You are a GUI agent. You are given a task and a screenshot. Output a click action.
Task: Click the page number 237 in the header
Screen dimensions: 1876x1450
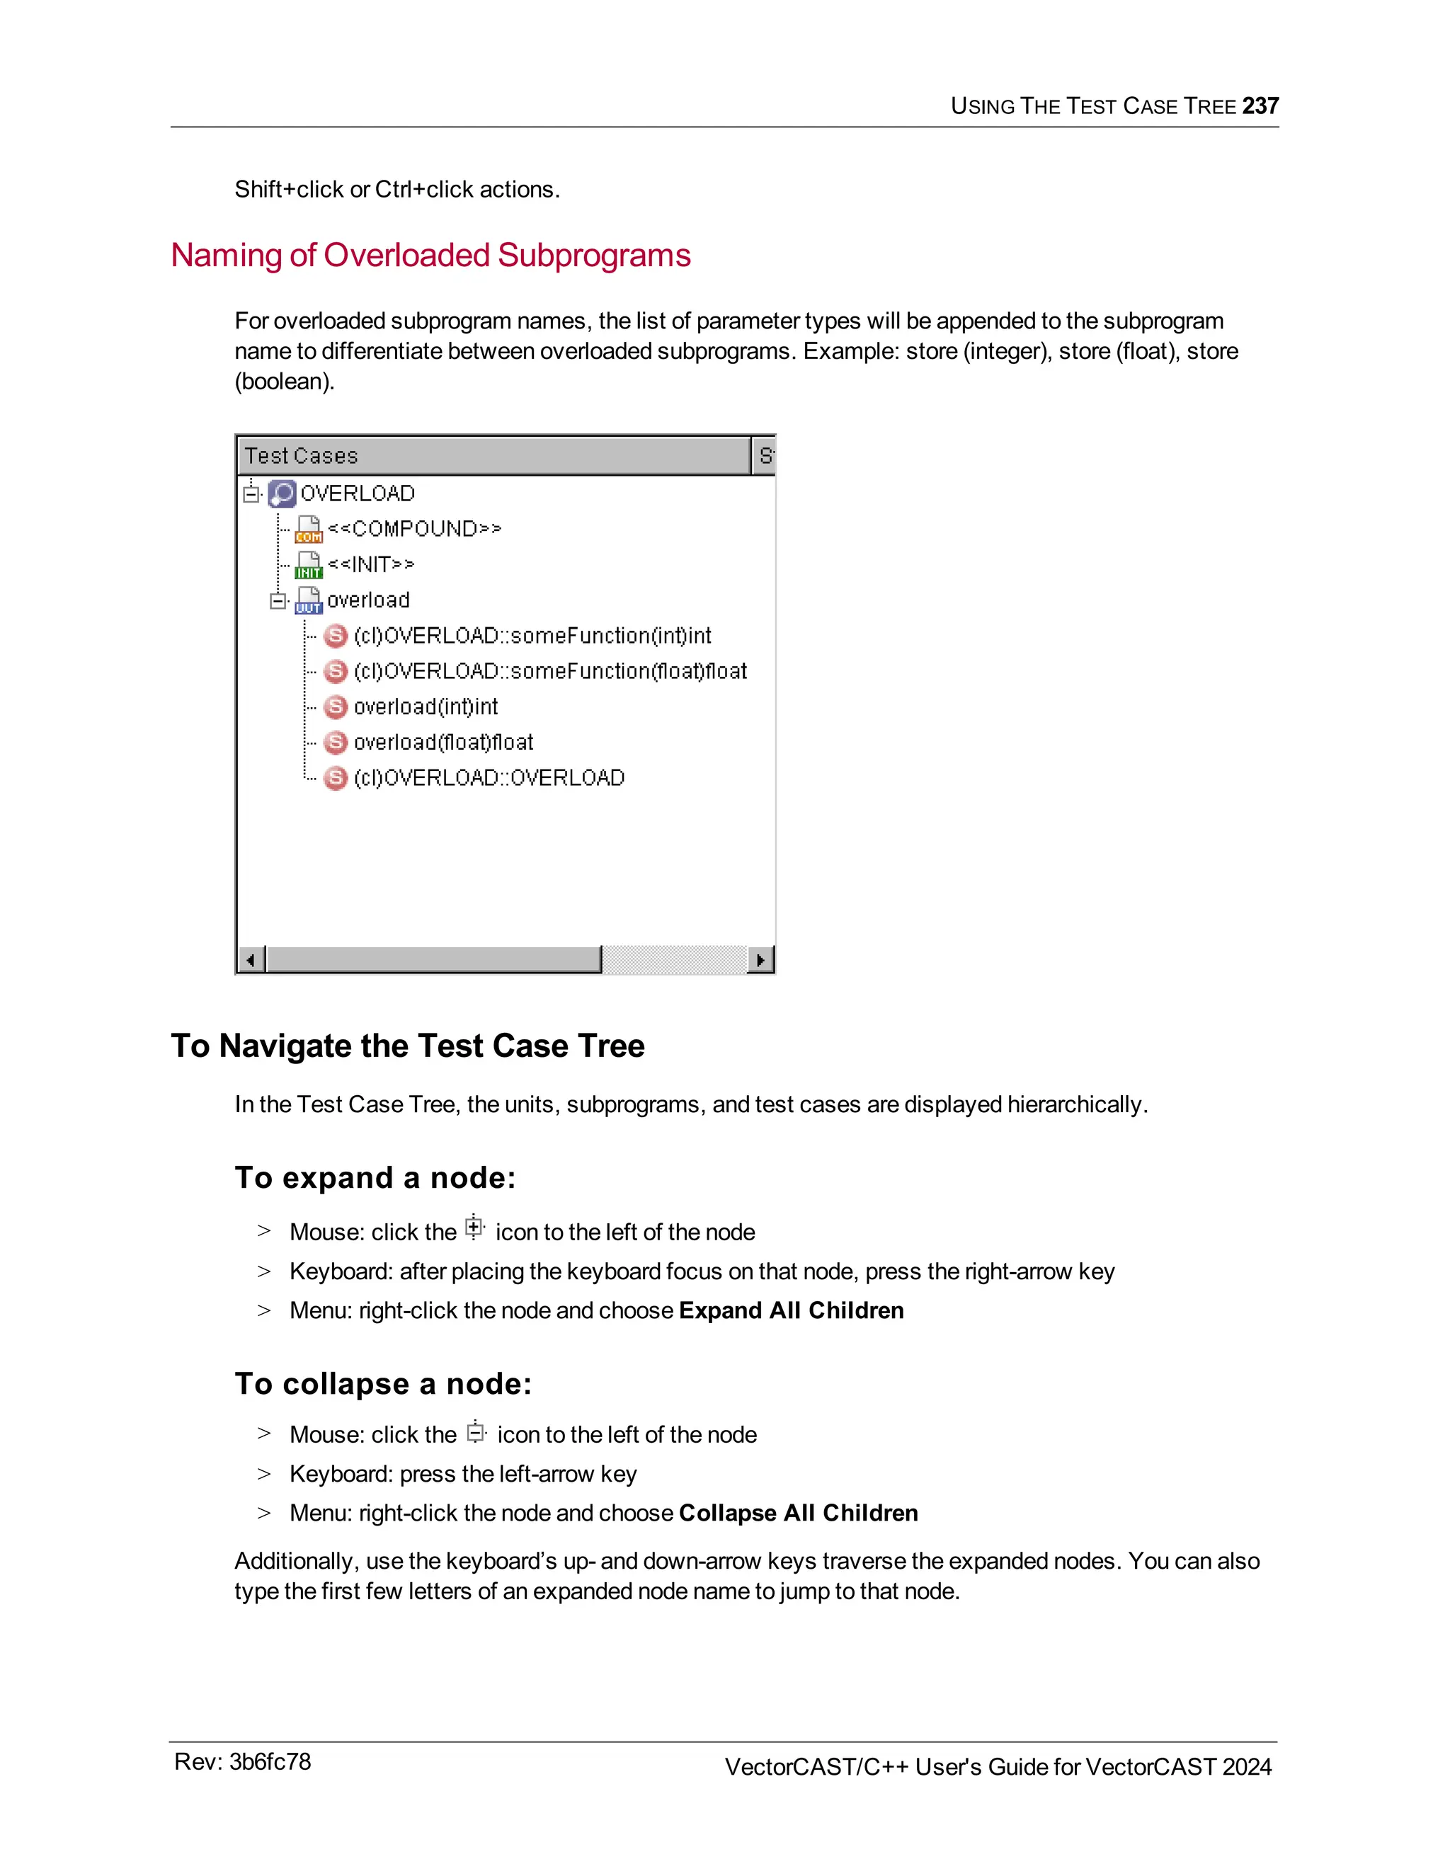(x=1260, y=105)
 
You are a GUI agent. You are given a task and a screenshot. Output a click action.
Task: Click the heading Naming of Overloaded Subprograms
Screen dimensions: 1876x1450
(x=430, y=255)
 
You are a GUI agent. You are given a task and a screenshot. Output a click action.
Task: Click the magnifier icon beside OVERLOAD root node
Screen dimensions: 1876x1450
(x=282, y=493)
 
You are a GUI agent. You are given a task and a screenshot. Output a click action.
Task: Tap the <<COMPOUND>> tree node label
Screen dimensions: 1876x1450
(x=414, y=528)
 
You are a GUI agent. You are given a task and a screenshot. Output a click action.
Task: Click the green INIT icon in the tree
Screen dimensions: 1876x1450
(x=309, y=565)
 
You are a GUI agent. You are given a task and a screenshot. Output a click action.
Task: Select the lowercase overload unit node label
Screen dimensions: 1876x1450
(x=367, y=600)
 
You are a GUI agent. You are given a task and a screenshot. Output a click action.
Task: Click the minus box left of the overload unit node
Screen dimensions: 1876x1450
(x=278, y=600)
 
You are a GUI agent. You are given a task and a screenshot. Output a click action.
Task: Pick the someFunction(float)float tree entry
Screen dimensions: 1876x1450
(x=549, y=671)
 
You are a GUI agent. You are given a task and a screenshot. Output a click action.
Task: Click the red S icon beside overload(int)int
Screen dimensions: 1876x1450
(x=336, y=707)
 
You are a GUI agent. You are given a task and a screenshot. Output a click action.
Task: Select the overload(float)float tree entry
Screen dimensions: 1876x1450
(x=443, y=742)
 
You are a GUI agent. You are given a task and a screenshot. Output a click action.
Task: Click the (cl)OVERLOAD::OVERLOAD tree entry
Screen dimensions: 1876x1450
(x=489, y=777)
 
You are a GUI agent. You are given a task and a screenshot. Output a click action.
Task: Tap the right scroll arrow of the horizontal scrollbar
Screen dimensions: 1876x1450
(x=760, y=959)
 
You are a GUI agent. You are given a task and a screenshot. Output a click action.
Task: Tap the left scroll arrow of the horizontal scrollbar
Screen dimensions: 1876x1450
(x=251, y=959)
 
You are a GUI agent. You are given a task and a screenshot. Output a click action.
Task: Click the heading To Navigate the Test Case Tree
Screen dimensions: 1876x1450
(x=407, y=1046)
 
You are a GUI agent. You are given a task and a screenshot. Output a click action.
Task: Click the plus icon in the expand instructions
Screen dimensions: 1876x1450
(x=474, y=1228)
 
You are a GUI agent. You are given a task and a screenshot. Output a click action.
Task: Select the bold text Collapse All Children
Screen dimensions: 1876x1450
(x=798, y=1513)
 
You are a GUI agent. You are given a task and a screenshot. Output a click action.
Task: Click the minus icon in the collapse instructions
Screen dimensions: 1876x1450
(x=475, y=1432)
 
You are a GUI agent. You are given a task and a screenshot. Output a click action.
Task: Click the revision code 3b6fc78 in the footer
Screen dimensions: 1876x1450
(x=269, y=1762)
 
